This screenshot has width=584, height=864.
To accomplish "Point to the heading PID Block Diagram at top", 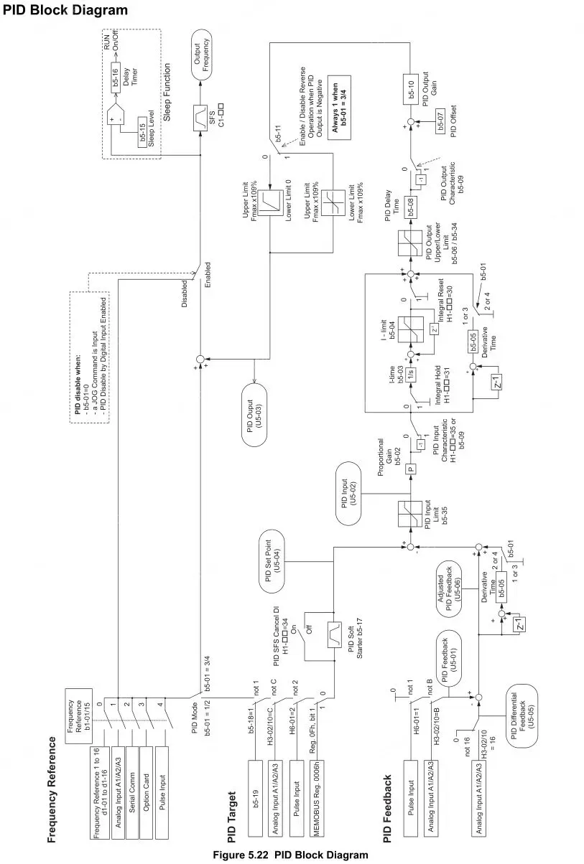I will click(x=65, y=10).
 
